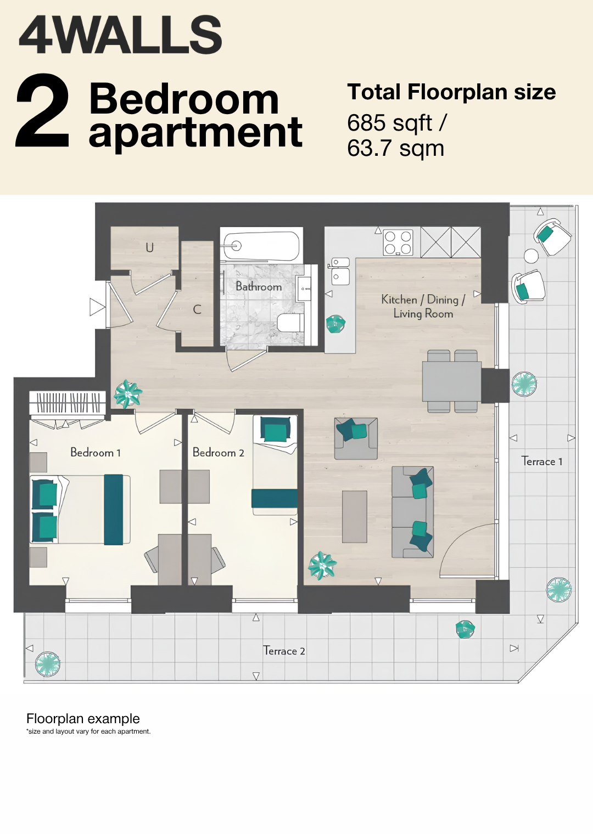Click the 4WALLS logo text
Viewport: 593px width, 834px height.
tap(120, 35)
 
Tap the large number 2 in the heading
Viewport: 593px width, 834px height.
tap(43, 111)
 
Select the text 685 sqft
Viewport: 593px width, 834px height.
tap(390, 123)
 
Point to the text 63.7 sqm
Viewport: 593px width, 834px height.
tap(395, 148)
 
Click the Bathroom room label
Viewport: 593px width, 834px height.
tap(259, 286)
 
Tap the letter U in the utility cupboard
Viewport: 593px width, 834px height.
tap(150, 247)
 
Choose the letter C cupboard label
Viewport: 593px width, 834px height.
tap(197, 309)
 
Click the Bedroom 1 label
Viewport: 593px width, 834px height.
tap(96, 452)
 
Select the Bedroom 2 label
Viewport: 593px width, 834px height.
tap(219, 452)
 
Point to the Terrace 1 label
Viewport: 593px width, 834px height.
tap(542, 461)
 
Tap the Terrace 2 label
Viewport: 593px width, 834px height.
tap(284, 651)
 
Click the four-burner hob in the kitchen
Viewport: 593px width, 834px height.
tap(398, 243)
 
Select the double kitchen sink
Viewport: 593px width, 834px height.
tap(340, 271)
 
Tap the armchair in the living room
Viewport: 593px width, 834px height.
tap(356, 438)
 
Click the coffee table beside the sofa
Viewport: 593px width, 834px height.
tap(355, 516)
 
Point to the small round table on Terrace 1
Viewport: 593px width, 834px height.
tap(531, 256)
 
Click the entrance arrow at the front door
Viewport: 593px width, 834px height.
tap(98, 307)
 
